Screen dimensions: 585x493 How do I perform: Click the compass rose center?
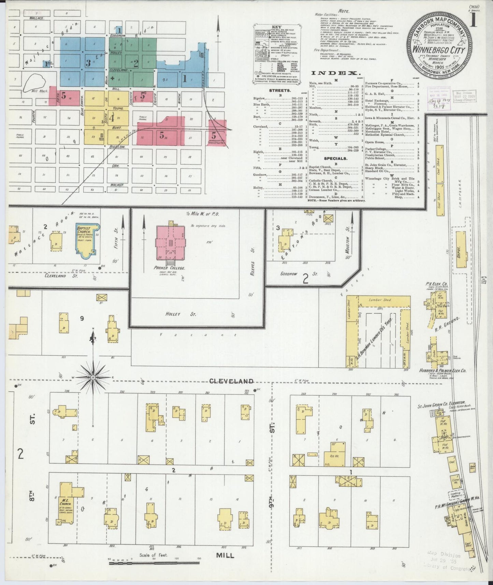click(x=93, y=377)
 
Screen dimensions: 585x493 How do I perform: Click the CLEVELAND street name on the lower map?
click(x=232, y=381)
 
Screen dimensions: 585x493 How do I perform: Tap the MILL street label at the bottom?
click(x=225, y=555)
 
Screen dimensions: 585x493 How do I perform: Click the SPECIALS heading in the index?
click(x=336, y=158)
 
